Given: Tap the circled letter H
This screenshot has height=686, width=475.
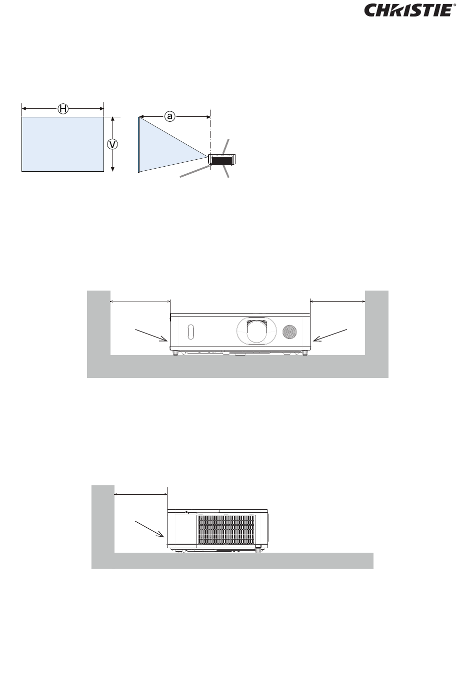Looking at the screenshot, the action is [63, 109].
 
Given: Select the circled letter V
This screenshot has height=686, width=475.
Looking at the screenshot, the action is [112, 144].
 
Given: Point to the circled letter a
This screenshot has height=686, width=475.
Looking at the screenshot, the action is [169, 116].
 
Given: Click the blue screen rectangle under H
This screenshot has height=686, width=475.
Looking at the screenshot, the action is [62, 144].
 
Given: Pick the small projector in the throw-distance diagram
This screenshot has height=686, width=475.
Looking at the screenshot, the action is [221, 160].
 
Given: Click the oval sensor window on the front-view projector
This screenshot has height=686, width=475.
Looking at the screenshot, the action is [190, 332].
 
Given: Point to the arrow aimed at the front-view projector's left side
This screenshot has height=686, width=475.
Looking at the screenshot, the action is [151, 335].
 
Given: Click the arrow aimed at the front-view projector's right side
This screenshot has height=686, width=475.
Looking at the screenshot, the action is [330, 335].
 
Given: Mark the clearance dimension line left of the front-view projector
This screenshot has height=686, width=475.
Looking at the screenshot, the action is [140, 302].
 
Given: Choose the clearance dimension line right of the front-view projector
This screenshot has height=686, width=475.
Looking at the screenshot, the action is [337, 302].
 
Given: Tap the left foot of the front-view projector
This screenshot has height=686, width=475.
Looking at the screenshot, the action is [175, 352].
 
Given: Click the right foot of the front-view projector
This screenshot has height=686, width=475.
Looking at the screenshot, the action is [304, 352].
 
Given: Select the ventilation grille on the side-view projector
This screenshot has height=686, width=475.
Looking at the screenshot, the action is [226, 530].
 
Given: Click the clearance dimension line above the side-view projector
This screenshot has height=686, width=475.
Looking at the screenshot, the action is [141, 494].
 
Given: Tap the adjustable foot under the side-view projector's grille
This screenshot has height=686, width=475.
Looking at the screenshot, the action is [258, 549].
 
